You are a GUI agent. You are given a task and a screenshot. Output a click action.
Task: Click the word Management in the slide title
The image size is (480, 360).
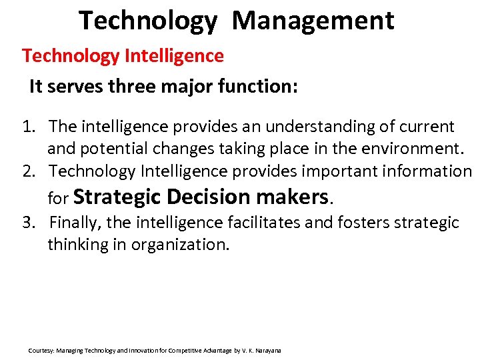pos(313,20)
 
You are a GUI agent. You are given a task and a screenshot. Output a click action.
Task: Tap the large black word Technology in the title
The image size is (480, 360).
pos(147,20)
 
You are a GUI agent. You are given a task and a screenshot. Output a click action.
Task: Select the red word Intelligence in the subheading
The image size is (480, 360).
pos(174,55)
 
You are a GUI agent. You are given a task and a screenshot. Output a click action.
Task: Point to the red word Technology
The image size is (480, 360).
pos(71,55)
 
